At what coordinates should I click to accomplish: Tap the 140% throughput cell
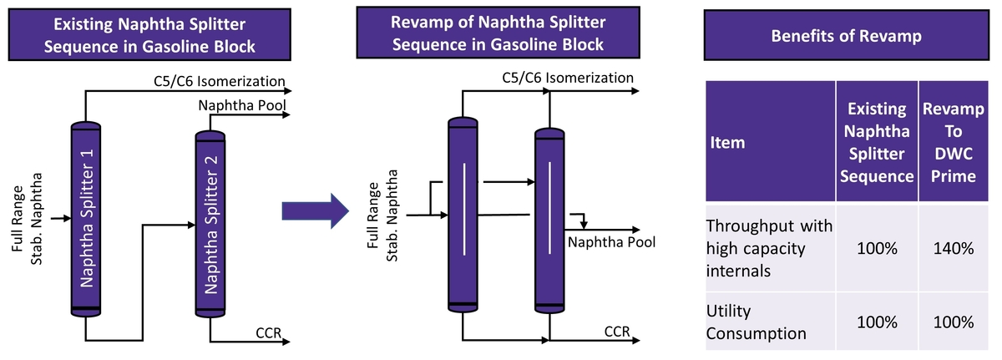click(954, 248)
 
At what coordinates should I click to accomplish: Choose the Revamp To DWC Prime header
click(954, 142)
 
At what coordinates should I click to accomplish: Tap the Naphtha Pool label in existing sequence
click(241, 106)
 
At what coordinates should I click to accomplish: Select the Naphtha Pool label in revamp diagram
click(611, 242)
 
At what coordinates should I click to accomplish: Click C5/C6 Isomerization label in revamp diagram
click(568, 78)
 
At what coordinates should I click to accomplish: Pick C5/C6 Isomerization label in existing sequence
click(220, 82)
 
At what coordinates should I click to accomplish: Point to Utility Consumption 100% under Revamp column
click(954, 322)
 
